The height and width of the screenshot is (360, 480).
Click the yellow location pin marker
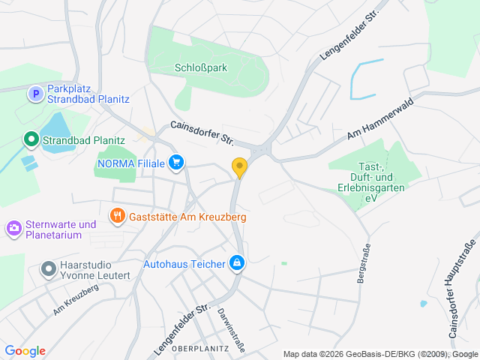click(x=239, y=167)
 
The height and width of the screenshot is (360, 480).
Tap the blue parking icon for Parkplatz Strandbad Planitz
click(x=34, y=94)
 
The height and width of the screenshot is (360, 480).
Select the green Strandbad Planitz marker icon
click(x=31, y=139)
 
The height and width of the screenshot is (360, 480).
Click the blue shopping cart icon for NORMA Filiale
click(x=176, y=162)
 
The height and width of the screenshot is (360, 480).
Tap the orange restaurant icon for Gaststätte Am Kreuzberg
click(x=117, y=217)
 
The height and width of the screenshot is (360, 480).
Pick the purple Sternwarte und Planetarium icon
click(x=13, y=226)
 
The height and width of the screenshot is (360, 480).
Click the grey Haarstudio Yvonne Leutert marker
click(x=49, y=268)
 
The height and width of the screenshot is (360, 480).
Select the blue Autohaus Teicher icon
click(x=237, y=263)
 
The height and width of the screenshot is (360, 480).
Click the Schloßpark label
click(x=201, y=67)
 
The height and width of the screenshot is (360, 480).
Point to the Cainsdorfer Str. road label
click(x=202, y=133)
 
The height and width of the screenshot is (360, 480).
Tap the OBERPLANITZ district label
click(x=199, y=349)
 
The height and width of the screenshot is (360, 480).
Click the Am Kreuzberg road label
click(x=76, y=301)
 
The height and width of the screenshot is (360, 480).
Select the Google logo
click(x=25, y=351)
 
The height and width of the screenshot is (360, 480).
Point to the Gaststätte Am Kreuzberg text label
click(x=187, y=217)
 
